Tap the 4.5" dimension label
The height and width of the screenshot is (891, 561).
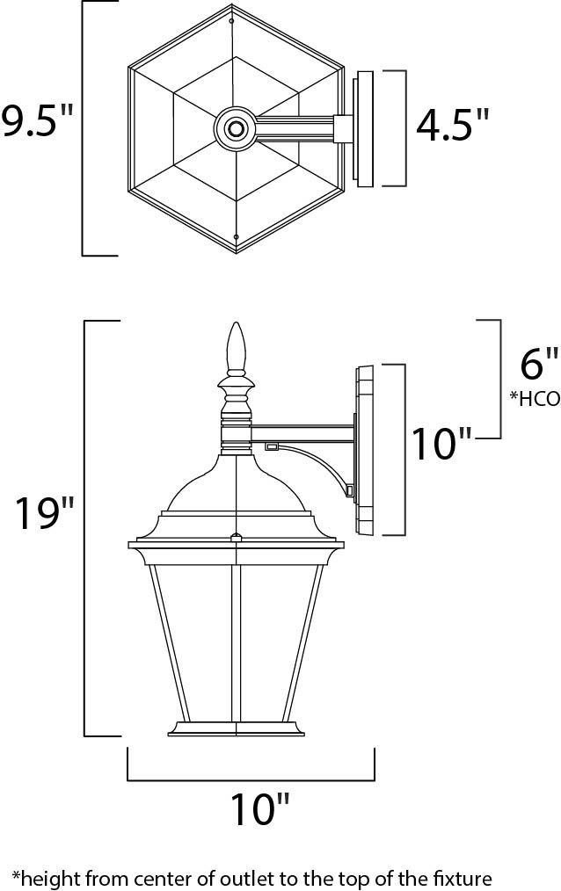453,126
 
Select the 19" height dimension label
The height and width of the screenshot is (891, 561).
45,515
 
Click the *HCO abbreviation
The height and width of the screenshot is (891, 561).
534,398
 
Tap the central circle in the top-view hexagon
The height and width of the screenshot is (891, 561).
236,129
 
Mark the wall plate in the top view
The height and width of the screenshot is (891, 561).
363,128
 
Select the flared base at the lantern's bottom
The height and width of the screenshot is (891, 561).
235,728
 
